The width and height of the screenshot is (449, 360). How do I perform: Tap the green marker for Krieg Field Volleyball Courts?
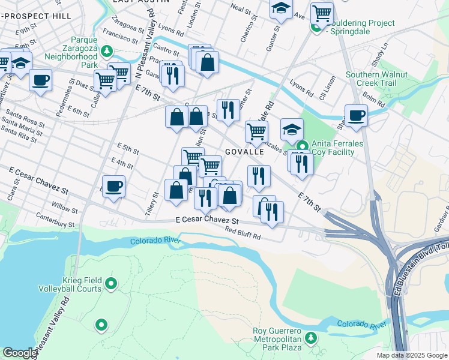pos(110,284)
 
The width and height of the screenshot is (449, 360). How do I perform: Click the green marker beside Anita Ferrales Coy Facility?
pos(303,145)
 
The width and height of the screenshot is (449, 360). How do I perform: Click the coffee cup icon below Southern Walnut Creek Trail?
pos(355,116)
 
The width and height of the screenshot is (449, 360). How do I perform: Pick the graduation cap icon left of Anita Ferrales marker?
pos(292,129)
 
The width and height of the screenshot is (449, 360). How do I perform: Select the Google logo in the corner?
pos(20,353)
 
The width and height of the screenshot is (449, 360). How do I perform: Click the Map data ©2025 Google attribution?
pos(411,355)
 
